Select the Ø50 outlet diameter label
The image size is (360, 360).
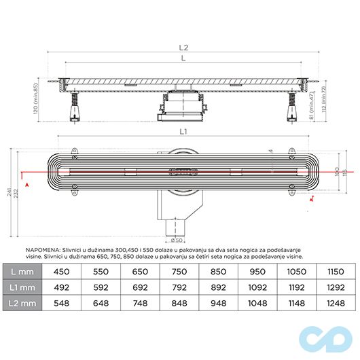(x=176, y=240)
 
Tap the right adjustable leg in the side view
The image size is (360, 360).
(x=291, y=107)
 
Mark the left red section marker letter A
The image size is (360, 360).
(x=25, y=184)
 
